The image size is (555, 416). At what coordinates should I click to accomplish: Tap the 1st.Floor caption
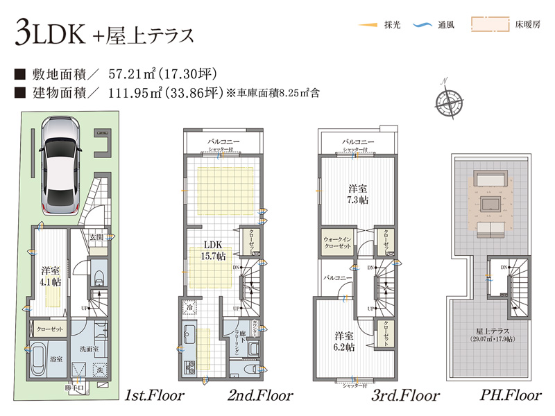(x=154, y=396)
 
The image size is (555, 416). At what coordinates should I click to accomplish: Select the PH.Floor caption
(x=510, y=396)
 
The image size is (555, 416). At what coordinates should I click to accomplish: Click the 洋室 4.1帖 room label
(x=49, y=277)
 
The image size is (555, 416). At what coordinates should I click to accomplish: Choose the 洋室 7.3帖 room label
(x=358, y=194)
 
